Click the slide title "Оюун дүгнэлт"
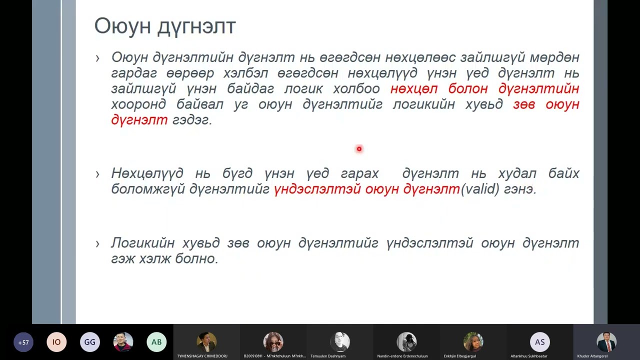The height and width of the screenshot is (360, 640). (x=164, y=26)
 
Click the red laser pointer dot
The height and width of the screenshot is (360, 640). (x=359, y=148)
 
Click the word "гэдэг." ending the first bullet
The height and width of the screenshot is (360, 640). (x=192, y=120)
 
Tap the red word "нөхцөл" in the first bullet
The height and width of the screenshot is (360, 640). (x=414, y=89)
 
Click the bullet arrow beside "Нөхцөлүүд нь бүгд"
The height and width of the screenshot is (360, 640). (x=97, y=174)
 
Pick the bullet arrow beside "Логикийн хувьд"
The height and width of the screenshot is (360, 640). (x=97, y=243)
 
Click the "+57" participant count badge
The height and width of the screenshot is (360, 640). (x=23, y=342)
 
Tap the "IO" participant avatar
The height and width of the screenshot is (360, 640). (x=56, y=342)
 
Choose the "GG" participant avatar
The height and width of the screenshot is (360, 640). (x=90, y=342)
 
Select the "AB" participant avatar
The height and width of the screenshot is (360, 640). (x=156, y=342)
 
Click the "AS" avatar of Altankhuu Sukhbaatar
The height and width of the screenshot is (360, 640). (x=539, y=342)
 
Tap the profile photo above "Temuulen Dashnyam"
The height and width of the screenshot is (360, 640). (x=340, y=342)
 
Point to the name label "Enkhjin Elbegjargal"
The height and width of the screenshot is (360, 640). (x=460, y=356)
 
